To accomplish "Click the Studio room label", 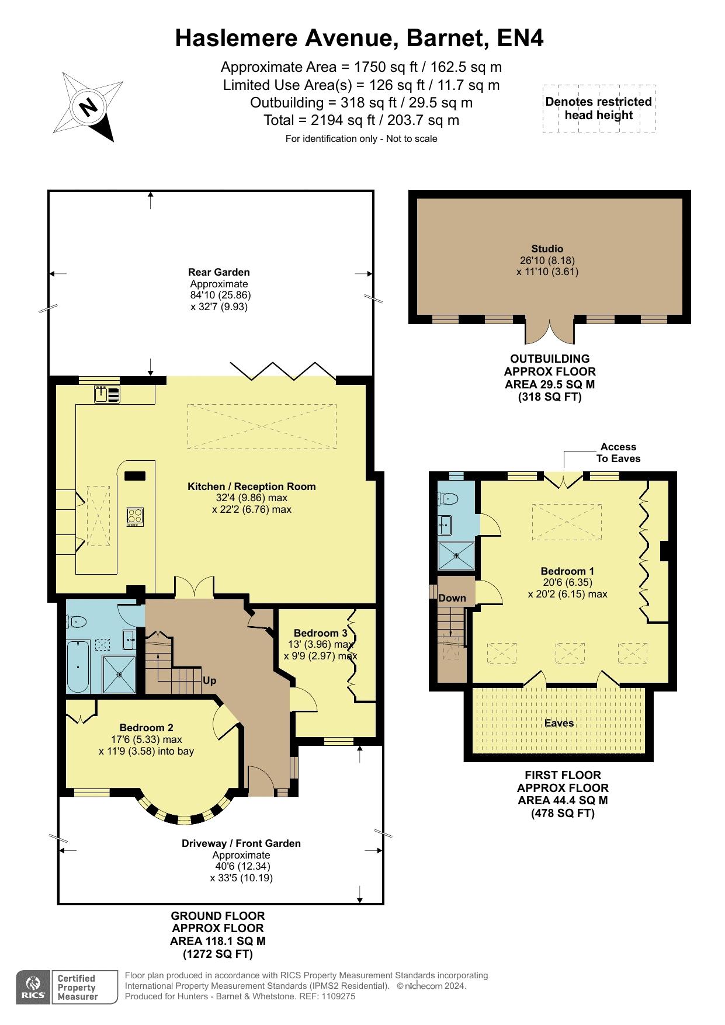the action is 547,249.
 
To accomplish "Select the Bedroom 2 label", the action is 146,728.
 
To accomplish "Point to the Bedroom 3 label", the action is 320,633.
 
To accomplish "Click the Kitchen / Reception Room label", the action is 251,487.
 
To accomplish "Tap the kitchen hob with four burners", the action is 135,516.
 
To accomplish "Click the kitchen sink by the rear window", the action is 107,395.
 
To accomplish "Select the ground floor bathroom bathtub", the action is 78,666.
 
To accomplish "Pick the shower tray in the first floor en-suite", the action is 456,555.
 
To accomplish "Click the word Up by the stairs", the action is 209,680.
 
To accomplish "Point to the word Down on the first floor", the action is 452,598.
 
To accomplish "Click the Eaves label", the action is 559,723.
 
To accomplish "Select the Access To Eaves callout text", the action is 618,453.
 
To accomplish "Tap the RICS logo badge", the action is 33,987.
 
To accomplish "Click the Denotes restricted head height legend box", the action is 599,109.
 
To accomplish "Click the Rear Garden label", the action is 219,272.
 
